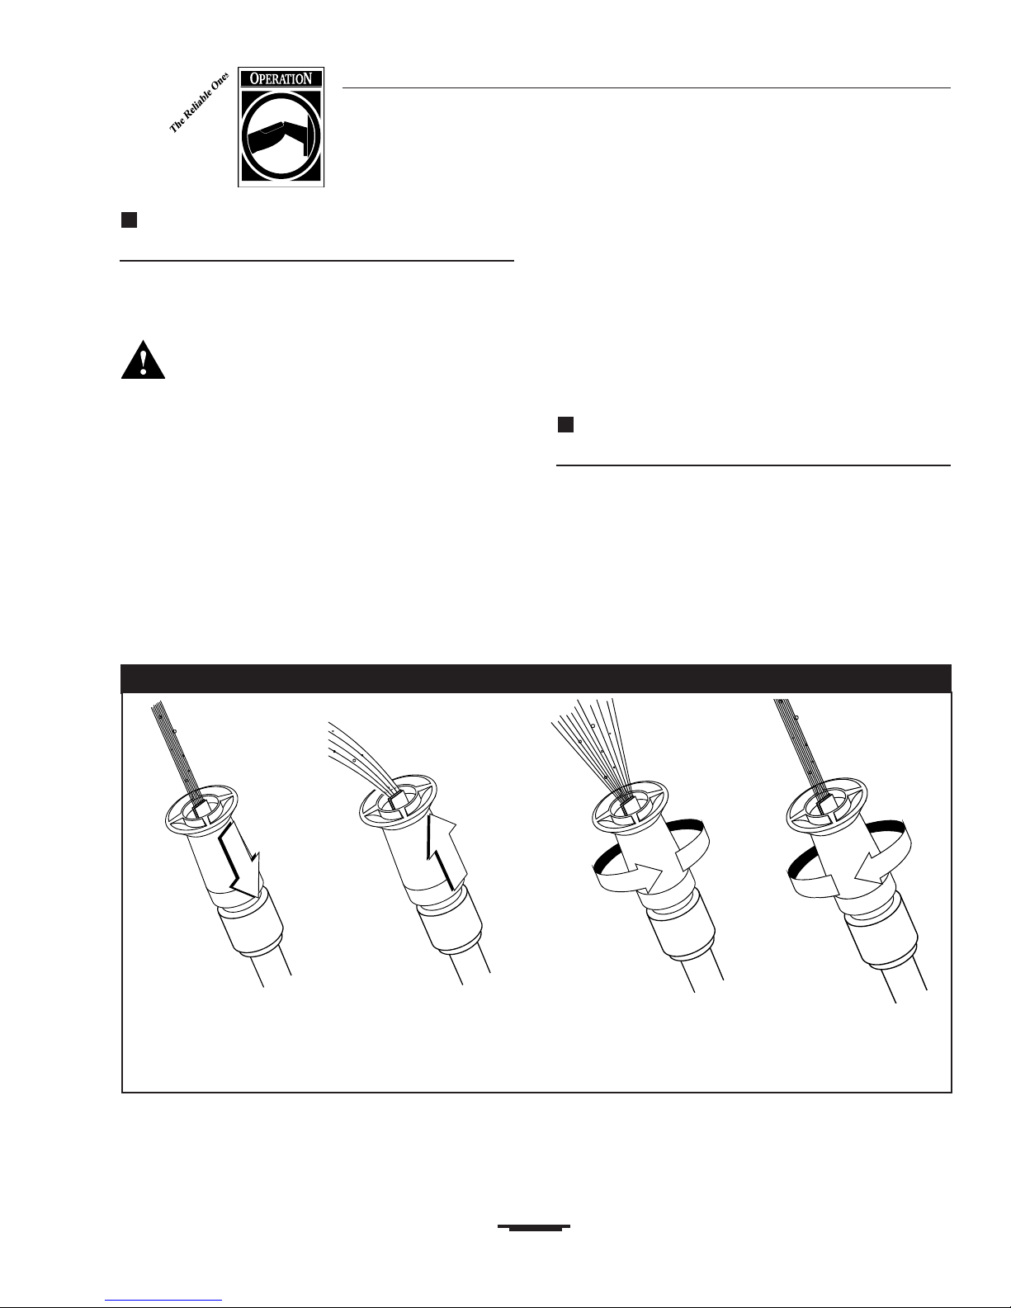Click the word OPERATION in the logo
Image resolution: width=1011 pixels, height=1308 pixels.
(281, 79)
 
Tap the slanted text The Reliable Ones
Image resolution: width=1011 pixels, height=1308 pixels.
(199, 103)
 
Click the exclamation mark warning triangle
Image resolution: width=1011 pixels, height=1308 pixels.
(144, 360)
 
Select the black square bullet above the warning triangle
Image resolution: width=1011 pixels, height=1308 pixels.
(129, 220)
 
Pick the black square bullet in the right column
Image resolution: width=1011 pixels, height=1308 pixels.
(565, 424)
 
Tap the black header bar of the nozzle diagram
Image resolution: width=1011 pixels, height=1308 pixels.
(536, 678)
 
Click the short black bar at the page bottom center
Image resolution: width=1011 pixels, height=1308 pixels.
(534, 1227)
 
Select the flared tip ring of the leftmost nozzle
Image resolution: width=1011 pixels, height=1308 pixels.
(201, 809)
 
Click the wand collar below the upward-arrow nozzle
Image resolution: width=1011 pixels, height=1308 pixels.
(450, 927)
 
